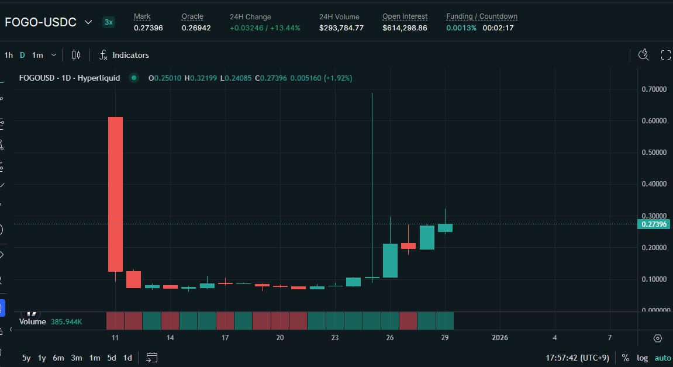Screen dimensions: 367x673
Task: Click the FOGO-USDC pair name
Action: (x=40, y=22)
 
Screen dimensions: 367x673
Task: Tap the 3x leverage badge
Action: (x=109, y=22)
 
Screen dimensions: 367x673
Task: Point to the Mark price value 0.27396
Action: (x=148, y=27)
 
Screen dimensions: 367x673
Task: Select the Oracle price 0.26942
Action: (x=196, y=27)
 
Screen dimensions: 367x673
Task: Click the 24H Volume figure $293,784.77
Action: (x=341, y=27)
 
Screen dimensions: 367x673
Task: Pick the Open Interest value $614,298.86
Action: (x=405, y=27)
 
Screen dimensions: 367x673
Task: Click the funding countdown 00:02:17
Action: (x=498, y=27)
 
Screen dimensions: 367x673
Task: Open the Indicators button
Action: (x=124, y=55)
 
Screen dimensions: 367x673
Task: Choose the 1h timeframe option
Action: (x=8, y=55)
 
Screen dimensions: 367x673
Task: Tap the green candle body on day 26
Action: (x=390, y=260)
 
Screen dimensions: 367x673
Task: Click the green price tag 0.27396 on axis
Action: (x=653, y=224)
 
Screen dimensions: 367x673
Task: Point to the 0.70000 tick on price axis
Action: (x=653, y=89)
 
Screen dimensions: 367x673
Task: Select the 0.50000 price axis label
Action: (x=653, y=153)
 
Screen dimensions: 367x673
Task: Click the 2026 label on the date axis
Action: (x=500, y=338)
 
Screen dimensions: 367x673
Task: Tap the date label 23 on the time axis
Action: (x=335, y=338)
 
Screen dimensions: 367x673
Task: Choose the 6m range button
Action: (x=58, y=358)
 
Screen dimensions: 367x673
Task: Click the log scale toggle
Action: (x=642, y=358)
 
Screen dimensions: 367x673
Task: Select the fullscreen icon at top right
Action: (x=665, y=55)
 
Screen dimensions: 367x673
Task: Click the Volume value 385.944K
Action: (x=66, y=321)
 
